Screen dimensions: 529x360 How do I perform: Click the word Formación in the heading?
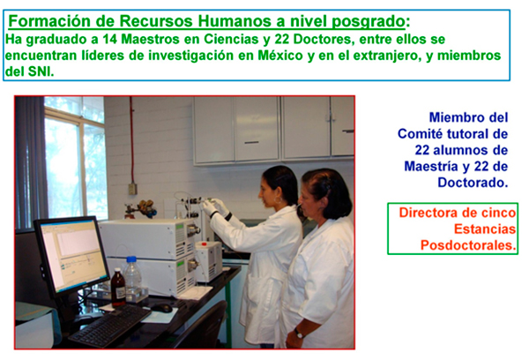49,21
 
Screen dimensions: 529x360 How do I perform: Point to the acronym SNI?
41,71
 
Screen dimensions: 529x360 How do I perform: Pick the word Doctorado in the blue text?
473,183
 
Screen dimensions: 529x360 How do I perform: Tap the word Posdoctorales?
468,245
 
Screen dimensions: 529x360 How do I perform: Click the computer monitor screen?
72,255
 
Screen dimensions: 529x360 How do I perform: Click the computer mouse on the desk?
162,308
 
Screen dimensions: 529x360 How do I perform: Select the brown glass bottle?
118,288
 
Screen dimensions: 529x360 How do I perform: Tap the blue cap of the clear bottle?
131,259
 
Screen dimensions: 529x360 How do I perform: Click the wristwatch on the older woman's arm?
299,334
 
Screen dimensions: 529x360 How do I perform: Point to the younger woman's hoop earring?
278,200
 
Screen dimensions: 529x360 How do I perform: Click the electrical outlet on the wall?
132,189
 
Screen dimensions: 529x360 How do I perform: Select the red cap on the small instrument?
204,244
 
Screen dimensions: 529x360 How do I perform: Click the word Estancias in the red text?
485,229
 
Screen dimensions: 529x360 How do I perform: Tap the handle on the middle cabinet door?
251,143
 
